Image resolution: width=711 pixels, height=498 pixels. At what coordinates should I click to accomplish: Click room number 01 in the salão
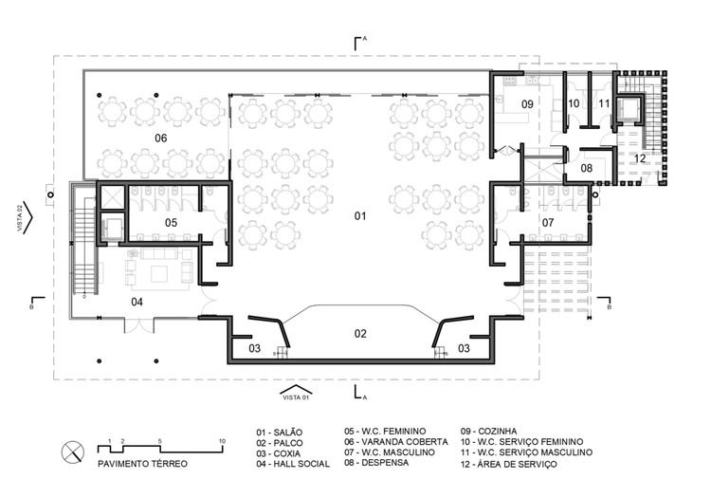360,217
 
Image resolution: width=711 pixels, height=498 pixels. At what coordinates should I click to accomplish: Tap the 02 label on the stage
360,333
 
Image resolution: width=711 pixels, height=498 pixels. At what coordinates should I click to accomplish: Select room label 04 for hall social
137,303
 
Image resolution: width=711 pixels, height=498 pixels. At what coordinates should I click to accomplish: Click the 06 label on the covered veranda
160,139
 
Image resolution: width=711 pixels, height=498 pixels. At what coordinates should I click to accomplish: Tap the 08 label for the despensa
587,168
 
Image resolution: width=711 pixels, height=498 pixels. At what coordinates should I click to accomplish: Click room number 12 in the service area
640,158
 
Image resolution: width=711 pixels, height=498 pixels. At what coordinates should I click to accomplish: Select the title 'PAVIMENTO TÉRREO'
143,464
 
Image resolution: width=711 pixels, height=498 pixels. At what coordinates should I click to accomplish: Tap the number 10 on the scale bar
221,441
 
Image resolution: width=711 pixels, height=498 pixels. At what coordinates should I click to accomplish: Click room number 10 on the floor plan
574,102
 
